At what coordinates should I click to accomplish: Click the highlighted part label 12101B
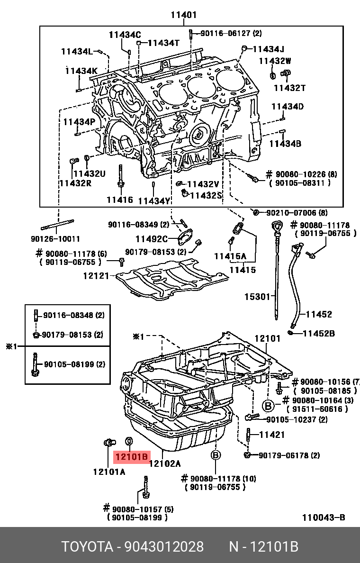pyautogui.click(x=131, y=457)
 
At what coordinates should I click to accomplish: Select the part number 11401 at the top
pyautogui.click(x=184, y=15)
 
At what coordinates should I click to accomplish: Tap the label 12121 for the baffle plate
pyautogui.click(x=96, y=275)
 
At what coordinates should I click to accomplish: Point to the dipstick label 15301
pyautogui.click(x=257, y=297)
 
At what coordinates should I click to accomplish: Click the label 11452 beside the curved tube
pyautogui.click(x=318, y=314)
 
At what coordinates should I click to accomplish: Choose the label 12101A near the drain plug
pyautogui.click(x=109, y=472)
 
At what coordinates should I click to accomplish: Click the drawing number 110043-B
pyautogui.click(x=324, y=517)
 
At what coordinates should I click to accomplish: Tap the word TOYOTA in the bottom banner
pyautogui.click(x=87, y=546)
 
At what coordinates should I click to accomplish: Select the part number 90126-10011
pyautogui.click(x=56, y=239)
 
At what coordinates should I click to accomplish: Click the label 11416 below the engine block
pyautogui.click(x=119, y=200)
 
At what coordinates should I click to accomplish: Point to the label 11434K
pyautogui.click(x=81, y=71)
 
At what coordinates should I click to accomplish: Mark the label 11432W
pyautogui.click(x=275, y=61)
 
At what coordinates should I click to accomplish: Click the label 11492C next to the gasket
pyautogui.click(x=152, y=239)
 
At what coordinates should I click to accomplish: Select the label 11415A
pyautogui.click(x=230, y=256)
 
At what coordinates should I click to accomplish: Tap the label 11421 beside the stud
pyautogui.click(x=272, y=434)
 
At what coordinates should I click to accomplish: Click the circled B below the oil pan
pyautogui.click(x=216, y=455)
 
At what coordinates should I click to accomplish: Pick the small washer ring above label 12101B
pyautogui.click(x=128, y=442)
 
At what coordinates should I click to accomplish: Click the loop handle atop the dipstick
pyautogui.click(x=277, y=226)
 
